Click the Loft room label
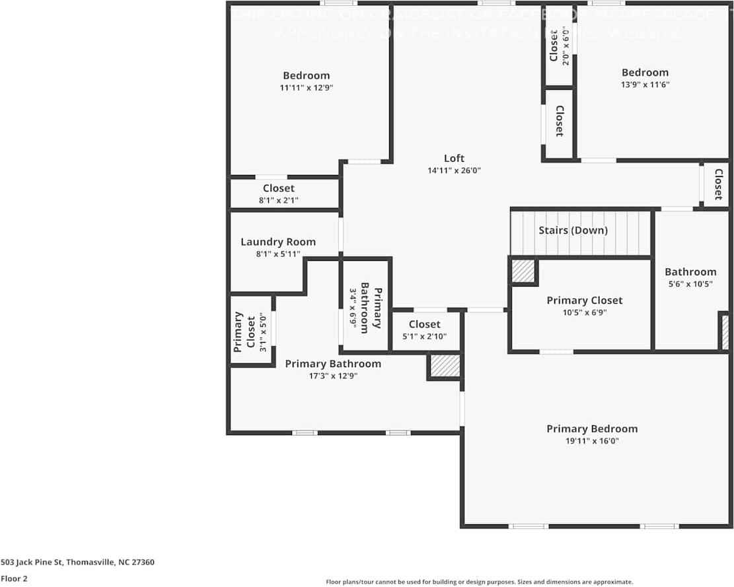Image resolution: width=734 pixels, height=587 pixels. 454,158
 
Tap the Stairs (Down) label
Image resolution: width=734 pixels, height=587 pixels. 573,230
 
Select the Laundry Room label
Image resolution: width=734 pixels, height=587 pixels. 277,242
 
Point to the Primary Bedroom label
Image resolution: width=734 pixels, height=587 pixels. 591,429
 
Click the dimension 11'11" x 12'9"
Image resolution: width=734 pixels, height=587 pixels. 306,88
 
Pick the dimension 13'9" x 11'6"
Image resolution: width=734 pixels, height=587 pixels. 645,85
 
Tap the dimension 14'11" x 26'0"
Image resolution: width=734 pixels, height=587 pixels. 454,170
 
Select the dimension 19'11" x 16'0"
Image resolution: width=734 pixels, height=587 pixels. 591,441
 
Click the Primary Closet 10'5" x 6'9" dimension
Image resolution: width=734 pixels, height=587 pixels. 584,313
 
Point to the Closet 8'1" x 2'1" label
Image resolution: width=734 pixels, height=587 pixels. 278,189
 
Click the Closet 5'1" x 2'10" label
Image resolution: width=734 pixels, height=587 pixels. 424,324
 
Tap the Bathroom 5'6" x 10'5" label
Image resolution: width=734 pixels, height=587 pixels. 690,272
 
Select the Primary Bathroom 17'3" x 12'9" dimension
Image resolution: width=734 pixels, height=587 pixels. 332,376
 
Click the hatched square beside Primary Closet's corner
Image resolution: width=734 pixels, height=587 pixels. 523,271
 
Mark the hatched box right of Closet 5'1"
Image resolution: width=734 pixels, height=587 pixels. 445,366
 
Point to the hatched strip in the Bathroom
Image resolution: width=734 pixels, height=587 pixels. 725,331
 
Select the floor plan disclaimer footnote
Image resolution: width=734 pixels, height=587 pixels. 479,582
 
